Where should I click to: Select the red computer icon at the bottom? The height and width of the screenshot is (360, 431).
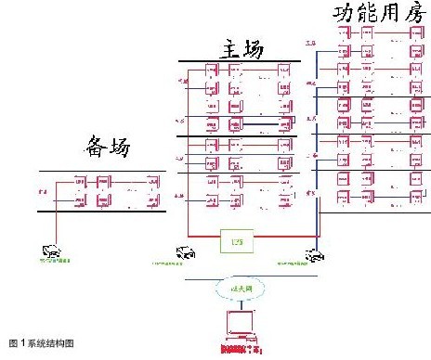[237, 324]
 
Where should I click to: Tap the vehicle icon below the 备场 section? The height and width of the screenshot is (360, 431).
[52, 249]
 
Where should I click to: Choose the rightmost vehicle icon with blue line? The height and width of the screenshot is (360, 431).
[314, 252]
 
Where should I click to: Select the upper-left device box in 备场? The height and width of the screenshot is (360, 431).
[69, 183]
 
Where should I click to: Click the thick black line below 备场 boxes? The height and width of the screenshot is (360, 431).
[102, 212]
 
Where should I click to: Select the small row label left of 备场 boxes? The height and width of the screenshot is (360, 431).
[43, 191]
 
